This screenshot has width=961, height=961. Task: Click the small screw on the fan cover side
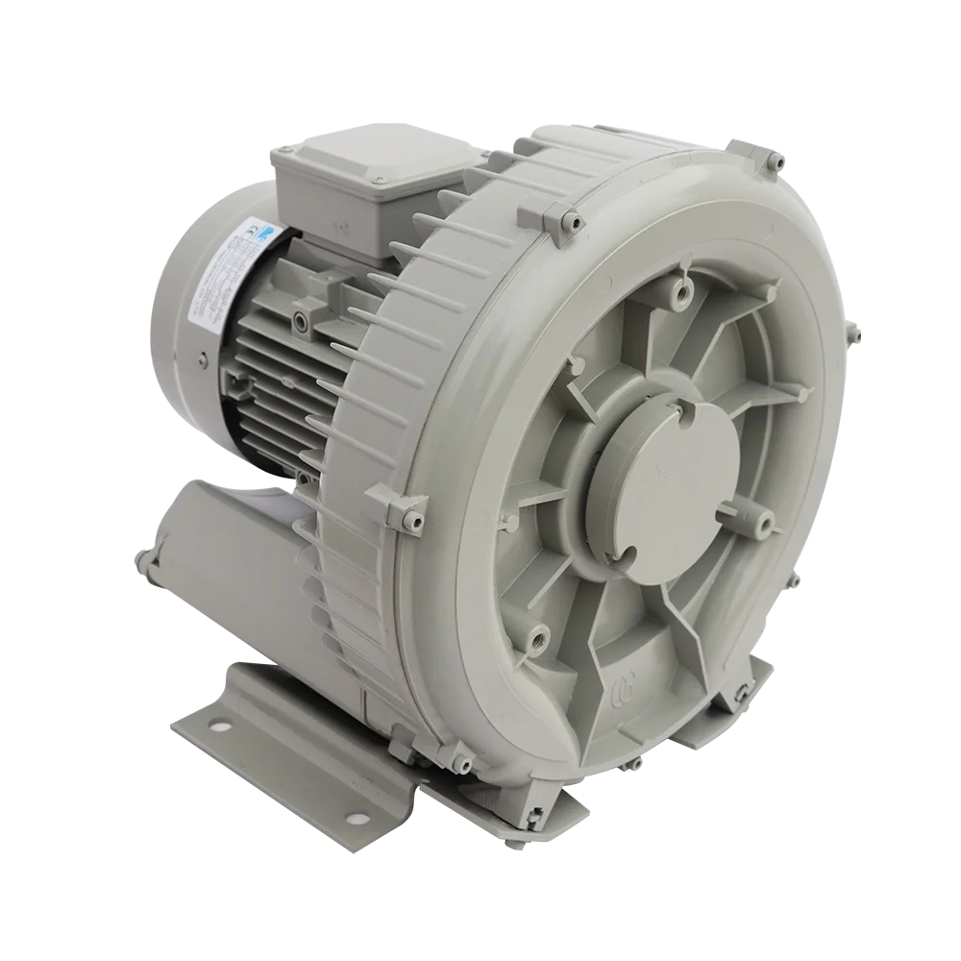pyautogui.click(x=204, y=362)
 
